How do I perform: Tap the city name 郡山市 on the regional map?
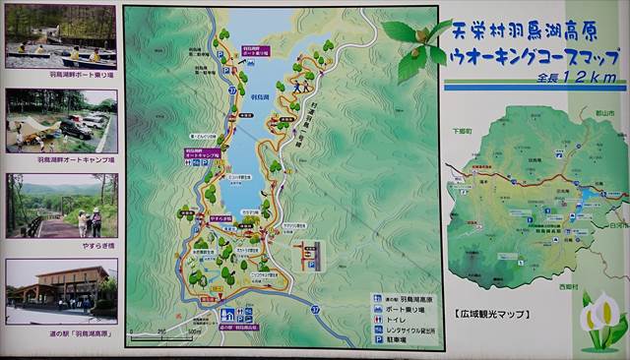(x=611, y=114)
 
